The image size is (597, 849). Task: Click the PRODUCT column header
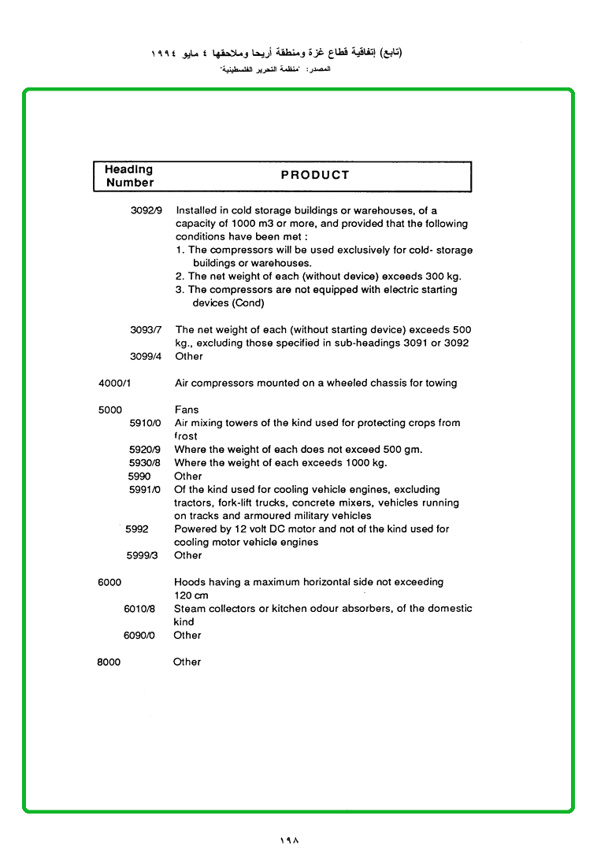click(314, 176)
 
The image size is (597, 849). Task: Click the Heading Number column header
click(129, 176)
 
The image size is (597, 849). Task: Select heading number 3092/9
click(146, 211)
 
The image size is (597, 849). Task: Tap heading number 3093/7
click(146, 330)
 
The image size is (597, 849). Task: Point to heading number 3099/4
click(146, 357)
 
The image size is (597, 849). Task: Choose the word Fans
click(187, 410)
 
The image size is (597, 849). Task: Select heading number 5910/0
click(145, 423)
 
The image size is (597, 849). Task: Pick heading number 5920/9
click(145, 450)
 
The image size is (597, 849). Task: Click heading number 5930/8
click(145, 463)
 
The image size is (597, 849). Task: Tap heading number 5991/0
click(145, 490)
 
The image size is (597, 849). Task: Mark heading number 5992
click(137, 529)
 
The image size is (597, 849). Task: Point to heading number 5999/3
click(143, 555)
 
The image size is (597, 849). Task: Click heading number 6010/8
click(139, 609)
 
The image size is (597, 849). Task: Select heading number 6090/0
click(139, 636)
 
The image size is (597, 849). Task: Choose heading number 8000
click(109, 662)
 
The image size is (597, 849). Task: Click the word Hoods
click(190, 582)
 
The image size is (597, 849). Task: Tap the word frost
click(186, 436)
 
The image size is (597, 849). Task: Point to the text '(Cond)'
click(248, 303)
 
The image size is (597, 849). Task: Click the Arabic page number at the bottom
click(289, 840)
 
